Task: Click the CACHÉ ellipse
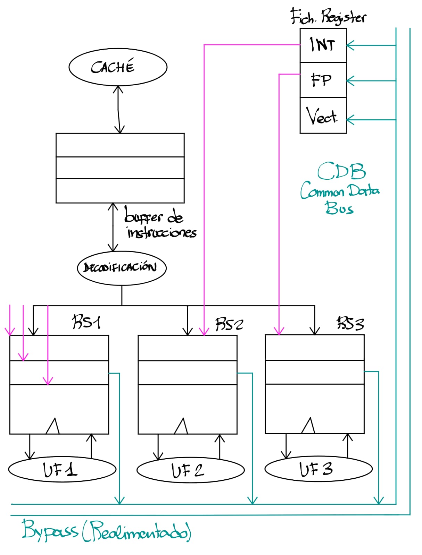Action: (x=118, y=67)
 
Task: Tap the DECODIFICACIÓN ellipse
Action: (x=122, y=268)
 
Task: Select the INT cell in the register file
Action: (x=323, y=45)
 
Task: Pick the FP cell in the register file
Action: (x=323, y=80)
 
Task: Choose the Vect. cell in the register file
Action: (x=323, y=115)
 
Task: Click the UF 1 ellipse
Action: (x=62, y=470)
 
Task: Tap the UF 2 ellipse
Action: (x=190, y=470)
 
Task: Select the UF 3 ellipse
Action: (x=318, y=469)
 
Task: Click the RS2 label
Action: (x=229, y=324)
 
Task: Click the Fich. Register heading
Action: (x=328, y=17)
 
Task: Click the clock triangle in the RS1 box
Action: (x=53, y=427)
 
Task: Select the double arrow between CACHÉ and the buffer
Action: (x=119, y=109)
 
